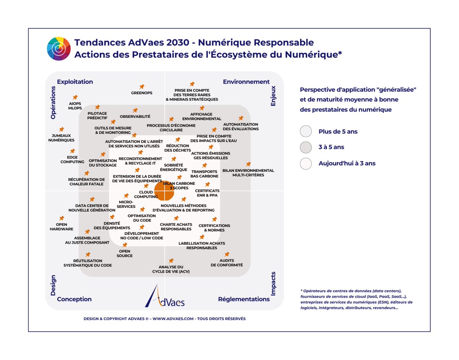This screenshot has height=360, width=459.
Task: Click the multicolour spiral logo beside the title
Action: click(59, 49)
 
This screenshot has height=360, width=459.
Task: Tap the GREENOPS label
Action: click(142, 93)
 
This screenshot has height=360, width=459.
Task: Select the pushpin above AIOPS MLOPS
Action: click(75, 98)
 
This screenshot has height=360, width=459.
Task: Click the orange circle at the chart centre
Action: click(164, 190)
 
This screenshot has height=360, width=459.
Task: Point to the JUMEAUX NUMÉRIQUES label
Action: click(61, 138)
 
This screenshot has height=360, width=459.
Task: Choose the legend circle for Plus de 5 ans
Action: click(306, 131)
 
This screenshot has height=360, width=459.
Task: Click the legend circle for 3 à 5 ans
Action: click(306, 147)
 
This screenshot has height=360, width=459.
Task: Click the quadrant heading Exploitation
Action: click(75, 81)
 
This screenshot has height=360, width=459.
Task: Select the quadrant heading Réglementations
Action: click(244, 299)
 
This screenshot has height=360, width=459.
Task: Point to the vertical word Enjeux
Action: click(273, 96)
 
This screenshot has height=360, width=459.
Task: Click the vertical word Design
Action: click(53, 285)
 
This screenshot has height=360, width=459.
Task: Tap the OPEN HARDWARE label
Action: click(61, 227)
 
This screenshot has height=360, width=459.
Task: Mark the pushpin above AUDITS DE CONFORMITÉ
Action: click(227, 254)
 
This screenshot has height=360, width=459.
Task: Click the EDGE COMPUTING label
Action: click(72, 160)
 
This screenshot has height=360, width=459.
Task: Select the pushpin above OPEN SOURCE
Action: click(125, 245)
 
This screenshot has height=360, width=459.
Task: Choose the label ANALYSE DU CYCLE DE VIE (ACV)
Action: click(171, 269)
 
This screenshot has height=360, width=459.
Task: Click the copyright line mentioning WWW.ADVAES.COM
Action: click(164, 319)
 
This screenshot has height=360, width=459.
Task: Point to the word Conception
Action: click(74, 299)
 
